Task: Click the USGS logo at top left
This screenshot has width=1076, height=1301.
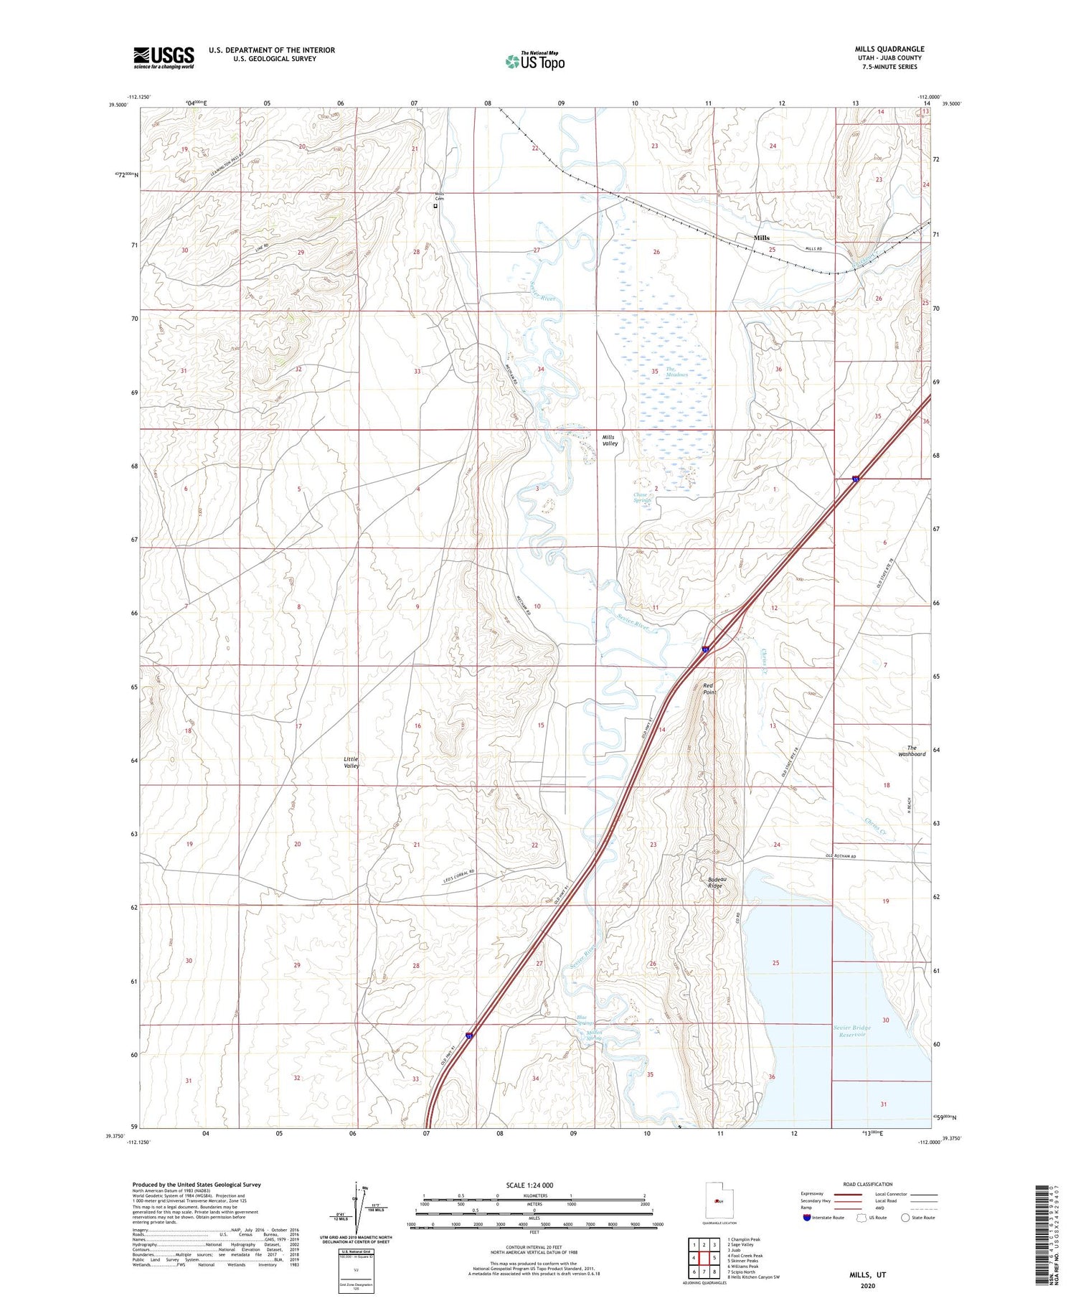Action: click(x=164, y=57)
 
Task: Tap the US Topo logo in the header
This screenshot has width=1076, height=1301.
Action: click(x=534, y=61)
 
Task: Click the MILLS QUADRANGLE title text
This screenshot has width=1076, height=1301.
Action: click(x=889, y=49)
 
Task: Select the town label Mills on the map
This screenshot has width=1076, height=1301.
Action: click(x=761, y=238)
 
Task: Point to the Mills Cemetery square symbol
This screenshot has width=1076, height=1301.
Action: click(x=435, y=206)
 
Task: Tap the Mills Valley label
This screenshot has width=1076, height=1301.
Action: click(x=609, y=440)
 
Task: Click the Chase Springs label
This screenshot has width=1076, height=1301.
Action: click(x=641, y=497)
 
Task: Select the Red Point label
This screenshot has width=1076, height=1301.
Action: click(x=709, y=688)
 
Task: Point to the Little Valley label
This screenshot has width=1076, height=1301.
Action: click(x=351, y=762)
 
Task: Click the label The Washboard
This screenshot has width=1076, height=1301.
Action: click(x=912, y=751)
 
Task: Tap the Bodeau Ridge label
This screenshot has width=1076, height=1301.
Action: click(x=714, y=882)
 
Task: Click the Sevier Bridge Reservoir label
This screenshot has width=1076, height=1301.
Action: click(x=852, y=1031)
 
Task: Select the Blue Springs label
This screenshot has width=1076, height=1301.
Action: click(x=586, y=1020)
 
